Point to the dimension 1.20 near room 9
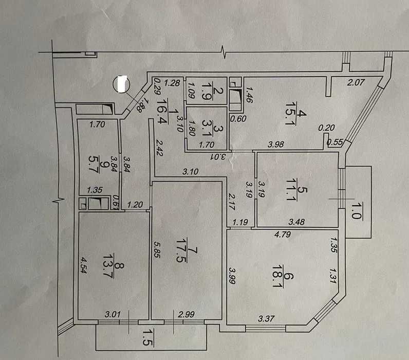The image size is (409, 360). coord(134,204)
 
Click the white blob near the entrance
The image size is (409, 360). coord(122,84)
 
